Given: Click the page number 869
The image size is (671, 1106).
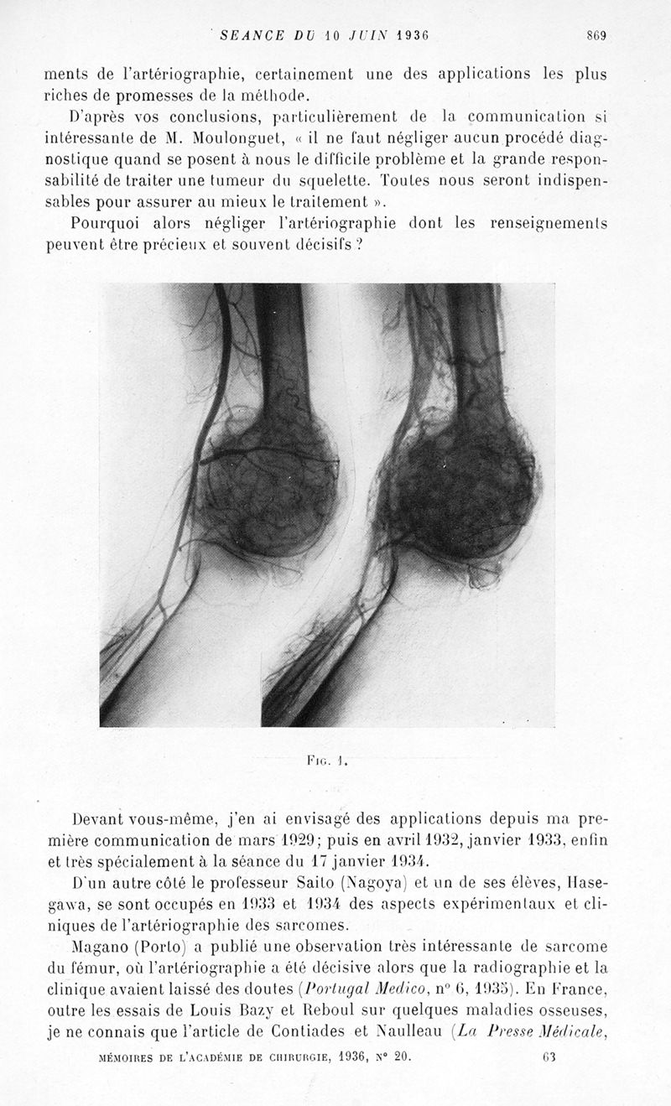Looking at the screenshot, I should pyautogui.click(x=596, y=35).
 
